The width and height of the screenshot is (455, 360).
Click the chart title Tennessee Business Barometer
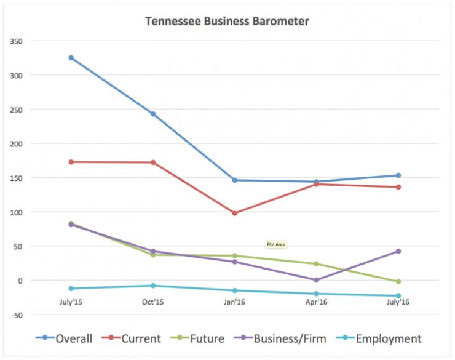click(227, 21)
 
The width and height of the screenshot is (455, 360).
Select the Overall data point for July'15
click(71, 58)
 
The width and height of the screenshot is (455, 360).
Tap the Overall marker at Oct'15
click(153, 114)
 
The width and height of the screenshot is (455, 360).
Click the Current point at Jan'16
click(235, 213)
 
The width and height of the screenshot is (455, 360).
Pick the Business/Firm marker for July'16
click(398, 251)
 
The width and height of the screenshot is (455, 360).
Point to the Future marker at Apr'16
click(317, 264)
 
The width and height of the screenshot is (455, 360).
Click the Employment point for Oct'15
click(153, 286)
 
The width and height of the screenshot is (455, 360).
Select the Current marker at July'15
click(71, 162)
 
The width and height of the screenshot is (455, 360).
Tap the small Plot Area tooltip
click(276, 244)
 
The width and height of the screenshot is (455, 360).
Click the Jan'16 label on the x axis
click(235, 302)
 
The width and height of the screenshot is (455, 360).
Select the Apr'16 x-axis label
click(317, 302)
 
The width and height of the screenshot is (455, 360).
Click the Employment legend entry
click(381, 338)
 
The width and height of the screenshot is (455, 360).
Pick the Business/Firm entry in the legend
click(284, 338)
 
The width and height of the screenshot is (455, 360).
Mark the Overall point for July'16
click(398, 175)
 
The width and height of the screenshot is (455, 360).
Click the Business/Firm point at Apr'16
click(317, 280)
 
